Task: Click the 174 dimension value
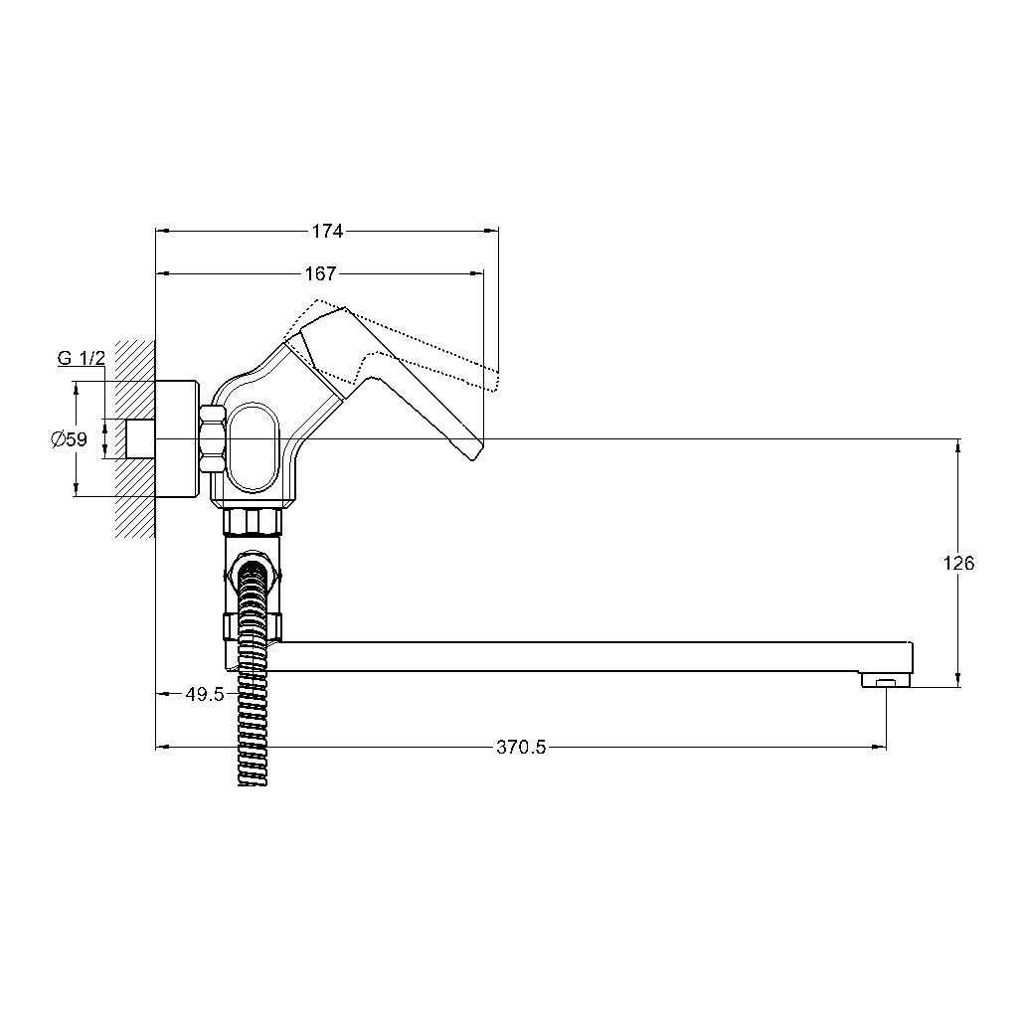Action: (x=327, y=231)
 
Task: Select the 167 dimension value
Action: (x=320, y=273)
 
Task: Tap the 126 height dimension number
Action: (x=958, y=563)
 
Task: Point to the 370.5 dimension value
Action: (x=521, y=748)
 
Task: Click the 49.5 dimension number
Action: (x=205, y=694)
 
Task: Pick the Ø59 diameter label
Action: (x=69, y=438)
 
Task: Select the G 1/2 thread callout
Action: (x=82, y=358)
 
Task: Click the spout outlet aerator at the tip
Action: (x=886, y=680)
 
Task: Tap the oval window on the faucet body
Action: (x=255, y=447)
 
